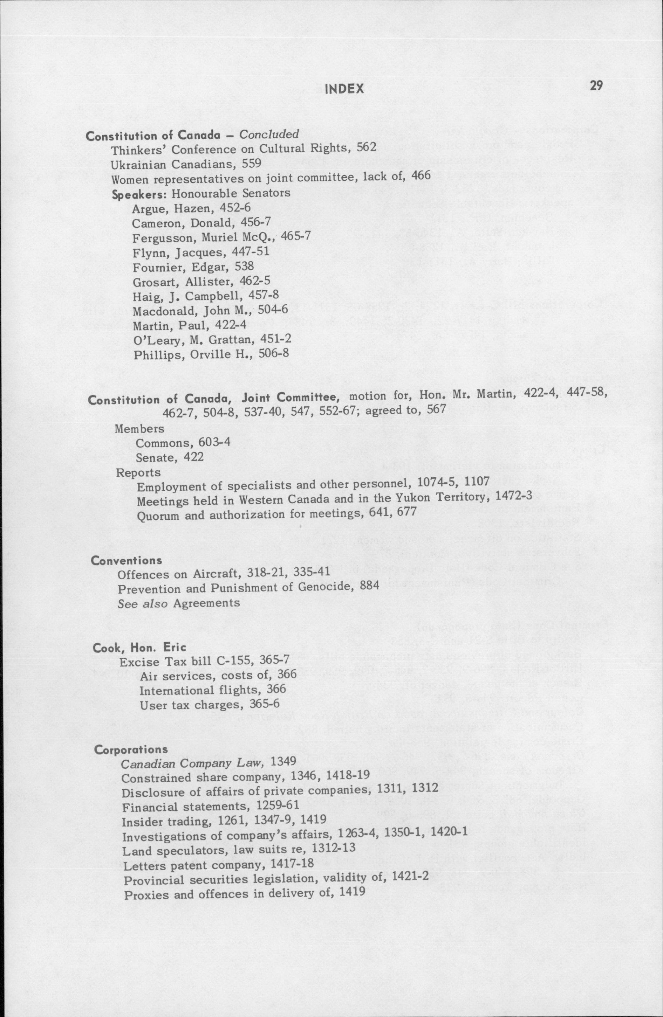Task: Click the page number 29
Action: pyautogui.click(x=595, y=85)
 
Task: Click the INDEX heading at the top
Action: pyautogui.click(x=344, y=89)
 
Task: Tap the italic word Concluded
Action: pyautogui.click(x=268, y=134)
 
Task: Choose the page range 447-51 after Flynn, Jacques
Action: pyautogui.click(x=250, y=251)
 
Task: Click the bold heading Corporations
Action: pyautogui.click(x=131, y=749)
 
